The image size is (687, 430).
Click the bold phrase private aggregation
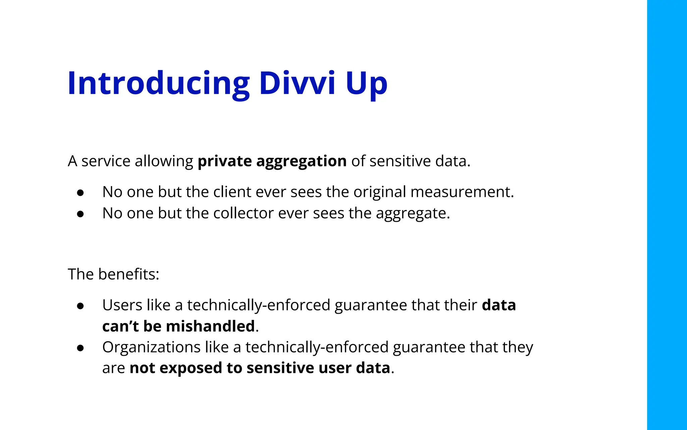[272, 161]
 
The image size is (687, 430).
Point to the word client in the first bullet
[232, 192]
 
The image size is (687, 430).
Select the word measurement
[462, 192]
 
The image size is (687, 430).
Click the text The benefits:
[113, 274]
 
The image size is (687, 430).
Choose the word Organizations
[151, 347]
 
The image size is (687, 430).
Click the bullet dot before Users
[80, 306]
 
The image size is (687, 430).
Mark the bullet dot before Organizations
[80, 348]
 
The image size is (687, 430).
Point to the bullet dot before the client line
[80, 192]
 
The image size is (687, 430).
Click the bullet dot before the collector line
[80, 214]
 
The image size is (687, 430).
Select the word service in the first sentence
[106, 161]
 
